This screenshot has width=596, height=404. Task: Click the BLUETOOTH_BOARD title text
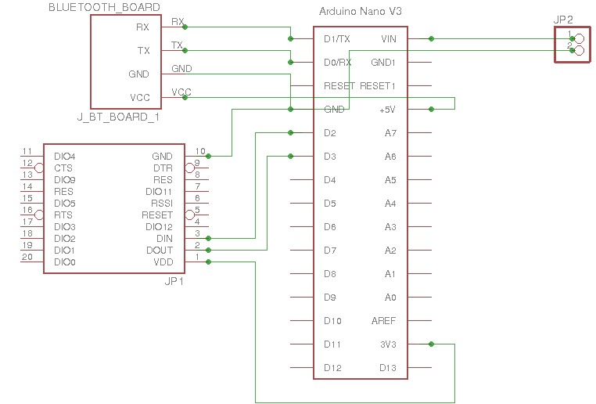[x=104, y=7]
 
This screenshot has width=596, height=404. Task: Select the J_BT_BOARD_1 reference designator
[x=118, y=117]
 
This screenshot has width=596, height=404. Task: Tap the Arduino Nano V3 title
[x=361, y=12]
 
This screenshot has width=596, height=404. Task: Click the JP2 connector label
[x=564, y=20]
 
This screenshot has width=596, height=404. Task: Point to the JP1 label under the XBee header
[x=174, y=281]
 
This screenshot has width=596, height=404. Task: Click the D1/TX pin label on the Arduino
[x=336, y=38]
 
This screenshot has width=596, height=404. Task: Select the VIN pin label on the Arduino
[x=388, y=38]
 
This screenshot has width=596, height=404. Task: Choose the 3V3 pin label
[x=387, y=344]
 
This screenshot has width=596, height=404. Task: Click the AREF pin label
[x=384, y=320]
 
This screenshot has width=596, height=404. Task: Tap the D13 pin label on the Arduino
[x=387, y=367]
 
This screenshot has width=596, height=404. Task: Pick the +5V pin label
[x=387, y=109]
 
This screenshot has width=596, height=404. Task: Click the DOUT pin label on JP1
[x=160, y=250]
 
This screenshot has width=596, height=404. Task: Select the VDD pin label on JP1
[x=163, y=262]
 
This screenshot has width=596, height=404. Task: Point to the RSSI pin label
[x=161, y=203]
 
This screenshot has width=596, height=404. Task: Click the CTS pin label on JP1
[x=63, y=168]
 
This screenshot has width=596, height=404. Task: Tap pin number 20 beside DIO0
[x=27, y=257]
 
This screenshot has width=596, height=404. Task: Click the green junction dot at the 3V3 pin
[x=431, y=344]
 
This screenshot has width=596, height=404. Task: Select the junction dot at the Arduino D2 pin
[x=291, y=132]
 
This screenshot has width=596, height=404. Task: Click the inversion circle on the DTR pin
[x=189, y=168]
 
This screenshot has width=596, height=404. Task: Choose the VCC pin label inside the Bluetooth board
[x=140, y=97]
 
